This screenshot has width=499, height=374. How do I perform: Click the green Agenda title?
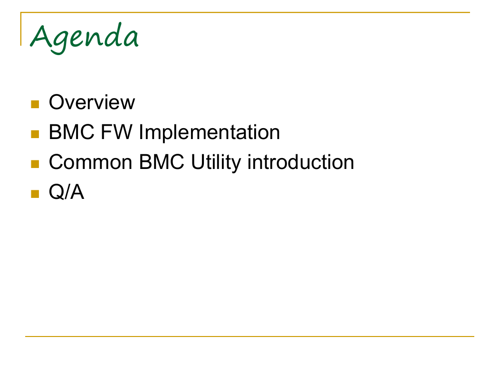(x=84, y=38)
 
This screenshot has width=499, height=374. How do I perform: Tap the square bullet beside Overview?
(x=35, y=104)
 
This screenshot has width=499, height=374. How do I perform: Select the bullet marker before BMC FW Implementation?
(x=35, y=134)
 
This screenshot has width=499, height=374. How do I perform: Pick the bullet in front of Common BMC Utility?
(x=35, y=164)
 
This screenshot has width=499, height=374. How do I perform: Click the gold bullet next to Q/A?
(x=35, y=194)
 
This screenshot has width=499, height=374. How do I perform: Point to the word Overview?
(x=92, y=103)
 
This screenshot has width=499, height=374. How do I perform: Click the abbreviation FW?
(x=116, y=132)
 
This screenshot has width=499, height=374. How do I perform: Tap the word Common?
(x=90, y=162)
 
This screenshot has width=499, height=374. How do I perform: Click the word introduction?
(x=301, y=162)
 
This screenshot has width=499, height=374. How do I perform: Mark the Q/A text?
(x=67, y=192)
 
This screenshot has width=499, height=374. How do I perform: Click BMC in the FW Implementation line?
(x=72, y=132)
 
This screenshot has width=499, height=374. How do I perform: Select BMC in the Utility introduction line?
(x=162, y=162)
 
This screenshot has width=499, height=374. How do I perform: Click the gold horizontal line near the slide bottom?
(x=249, y=336)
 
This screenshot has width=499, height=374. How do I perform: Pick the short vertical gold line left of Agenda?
(x=21, y=29)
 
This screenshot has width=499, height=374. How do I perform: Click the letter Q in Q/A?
(x=57, y=192)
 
